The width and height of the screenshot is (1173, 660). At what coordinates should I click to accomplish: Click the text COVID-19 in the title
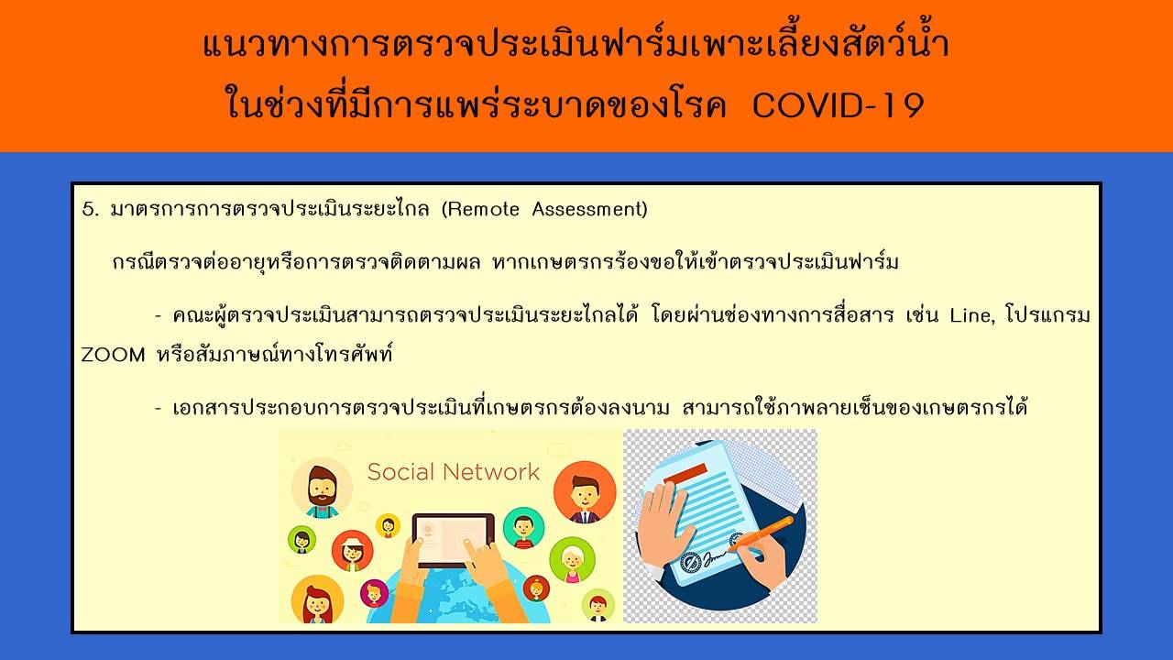tap(838, 105)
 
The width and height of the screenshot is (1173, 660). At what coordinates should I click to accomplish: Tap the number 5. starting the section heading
tap(90, 210)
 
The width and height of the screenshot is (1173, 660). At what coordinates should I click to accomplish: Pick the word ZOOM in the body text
tap(113, 355)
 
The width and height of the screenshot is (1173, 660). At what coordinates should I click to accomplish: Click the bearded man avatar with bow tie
tap(322, 488)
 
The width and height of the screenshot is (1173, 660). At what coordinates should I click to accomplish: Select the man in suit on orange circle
tap(585, 492)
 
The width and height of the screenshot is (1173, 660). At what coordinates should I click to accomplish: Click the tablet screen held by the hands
tap(453, 540)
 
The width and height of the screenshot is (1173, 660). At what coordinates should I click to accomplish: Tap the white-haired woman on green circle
tap(572, 559)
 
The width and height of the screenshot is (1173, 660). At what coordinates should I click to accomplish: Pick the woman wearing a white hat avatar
tap(352, 551)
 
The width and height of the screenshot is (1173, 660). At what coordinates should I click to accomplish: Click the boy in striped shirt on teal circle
tap(523, 527)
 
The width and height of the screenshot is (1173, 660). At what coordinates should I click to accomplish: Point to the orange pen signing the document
tap(761, 533)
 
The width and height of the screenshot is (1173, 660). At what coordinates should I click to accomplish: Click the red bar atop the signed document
tap(685, 474)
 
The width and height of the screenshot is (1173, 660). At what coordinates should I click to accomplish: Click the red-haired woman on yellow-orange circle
tap(317, 599)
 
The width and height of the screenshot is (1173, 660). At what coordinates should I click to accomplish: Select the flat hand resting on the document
tap(663, 523)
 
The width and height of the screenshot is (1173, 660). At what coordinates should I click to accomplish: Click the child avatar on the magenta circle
tap(374, 593)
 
